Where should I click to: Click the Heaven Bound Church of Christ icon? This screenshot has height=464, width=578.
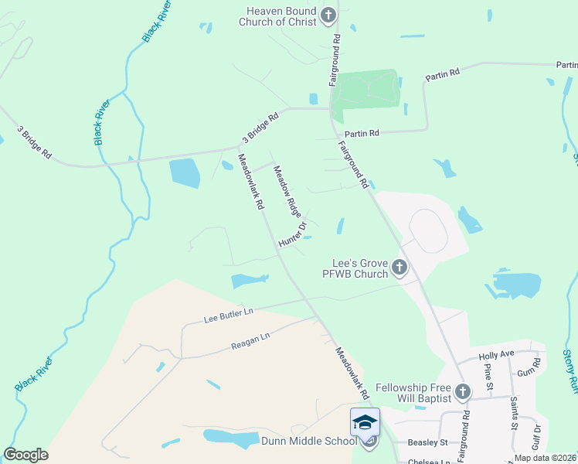(328, 15)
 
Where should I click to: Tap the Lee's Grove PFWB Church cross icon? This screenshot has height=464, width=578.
(399, 268)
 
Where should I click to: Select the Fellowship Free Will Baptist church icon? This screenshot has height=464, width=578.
(462, 391)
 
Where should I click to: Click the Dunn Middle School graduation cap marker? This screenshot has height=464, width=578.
(365, 422)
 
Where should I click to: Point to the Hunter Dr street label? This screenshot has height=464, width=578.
(293, 235)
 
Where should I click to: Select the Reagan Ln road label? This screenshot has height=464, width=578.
(250, 341)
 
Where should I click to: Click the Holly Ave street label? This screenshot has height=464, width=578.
(496, 355)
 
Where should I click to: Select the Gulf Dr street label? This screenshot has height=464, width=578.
(537, 438)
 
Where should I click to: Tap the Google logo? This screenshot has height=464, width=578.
(25, 455)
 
